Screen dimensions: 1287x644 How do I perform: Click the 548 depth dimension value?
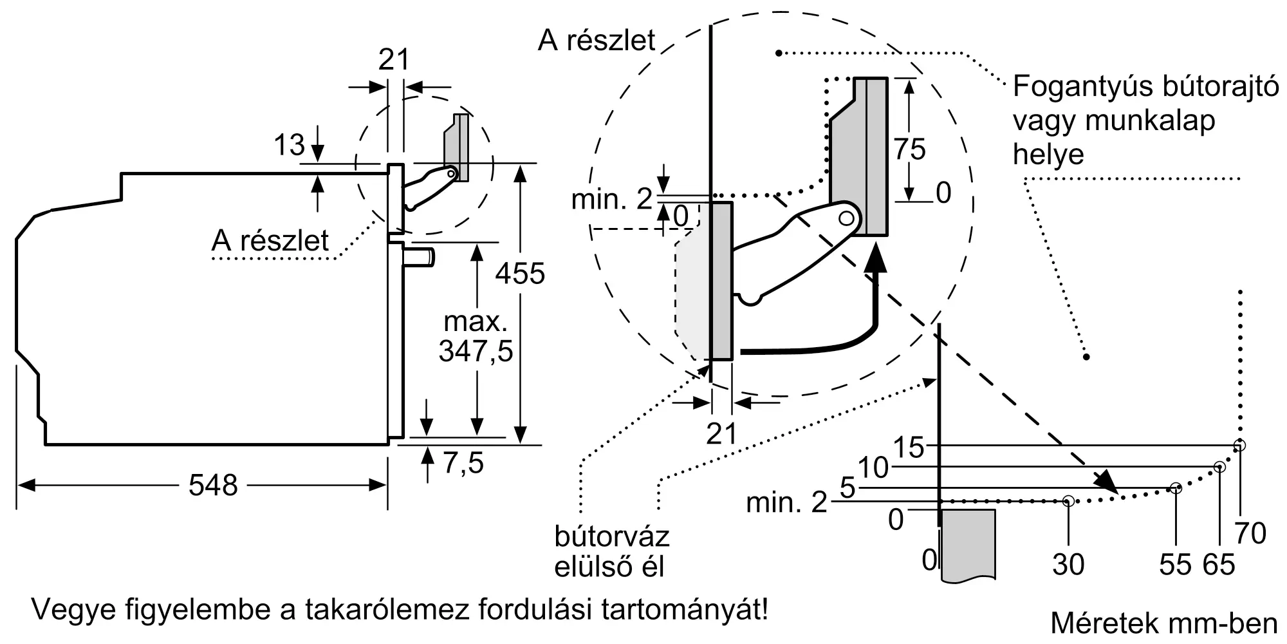[213, 485]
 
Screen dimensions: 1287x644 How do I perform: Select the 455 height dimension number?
[520, 274]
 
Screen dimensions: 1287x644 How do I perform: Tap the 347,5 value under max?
[476, 352]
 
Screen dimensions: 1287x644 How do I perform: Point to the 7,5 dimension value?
[463, 462]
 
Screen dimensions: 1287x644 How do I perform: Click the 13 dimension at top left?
[289, 145]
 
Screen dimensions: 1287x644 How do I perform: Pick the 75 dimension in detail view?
[909, 149]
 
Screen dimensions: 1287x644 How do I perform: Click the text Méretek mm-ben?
[1164, 623]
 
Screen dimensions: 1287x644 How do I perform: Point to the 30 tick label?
[1068, 565]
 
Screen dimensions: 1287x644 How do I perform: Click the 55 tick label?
[1176, 565]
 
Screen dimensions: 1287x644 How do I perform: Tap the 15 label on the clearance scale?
[909, 448]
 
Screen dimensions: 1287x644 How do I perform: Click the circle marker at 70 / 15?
[1239, 445]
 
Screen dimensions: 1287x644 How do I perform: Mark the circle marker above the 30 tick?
[1068, 500]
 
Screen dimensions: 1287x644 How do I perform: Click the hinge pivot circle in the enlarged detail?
[847, 218]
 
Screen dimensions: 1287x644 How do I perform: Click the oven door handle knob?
[420, 258]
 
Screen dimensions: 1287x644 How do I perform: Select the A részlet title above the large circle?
[597, 41]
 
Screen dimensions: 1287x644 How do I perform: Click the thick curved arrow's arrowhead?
[873, 261]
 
